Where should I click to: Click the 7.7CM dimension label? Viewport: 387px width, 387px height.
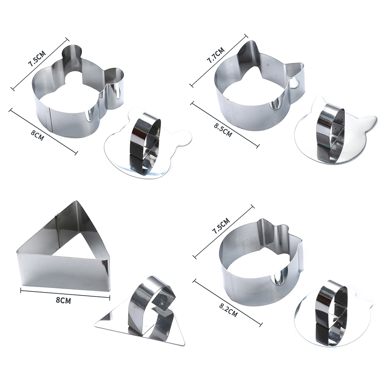tap(216, 55)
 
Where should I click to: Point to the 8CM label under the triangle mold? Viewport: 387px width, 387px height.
tap(63, 300)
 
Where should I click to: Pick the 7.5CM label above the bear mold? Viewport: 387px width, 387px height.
tap(37, 58)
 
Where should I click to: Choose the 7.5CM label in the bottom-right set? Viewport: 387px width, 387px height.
tap(221, 226)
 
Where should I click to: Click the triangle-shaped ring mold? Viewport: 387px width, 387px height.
tap(63, 247)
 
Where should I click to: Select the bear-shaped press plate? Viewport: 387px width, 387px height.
tap(148, 146)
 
